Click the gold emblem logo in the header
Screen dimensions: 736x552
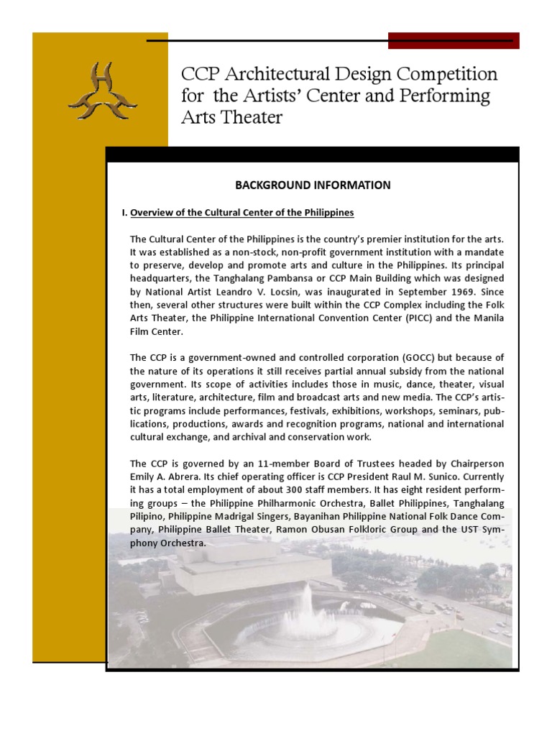click(x=102, y=91)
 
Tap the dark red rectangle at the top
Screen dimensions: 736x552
click(x=454, y=41)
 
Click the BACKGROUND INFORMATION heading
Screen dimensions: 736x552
click(x=313, y=185)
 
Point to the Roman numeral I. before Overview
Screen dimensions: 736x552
click(x=124, y=213)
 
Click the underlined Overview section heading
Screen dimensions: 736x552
click(x=242, y=213)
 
